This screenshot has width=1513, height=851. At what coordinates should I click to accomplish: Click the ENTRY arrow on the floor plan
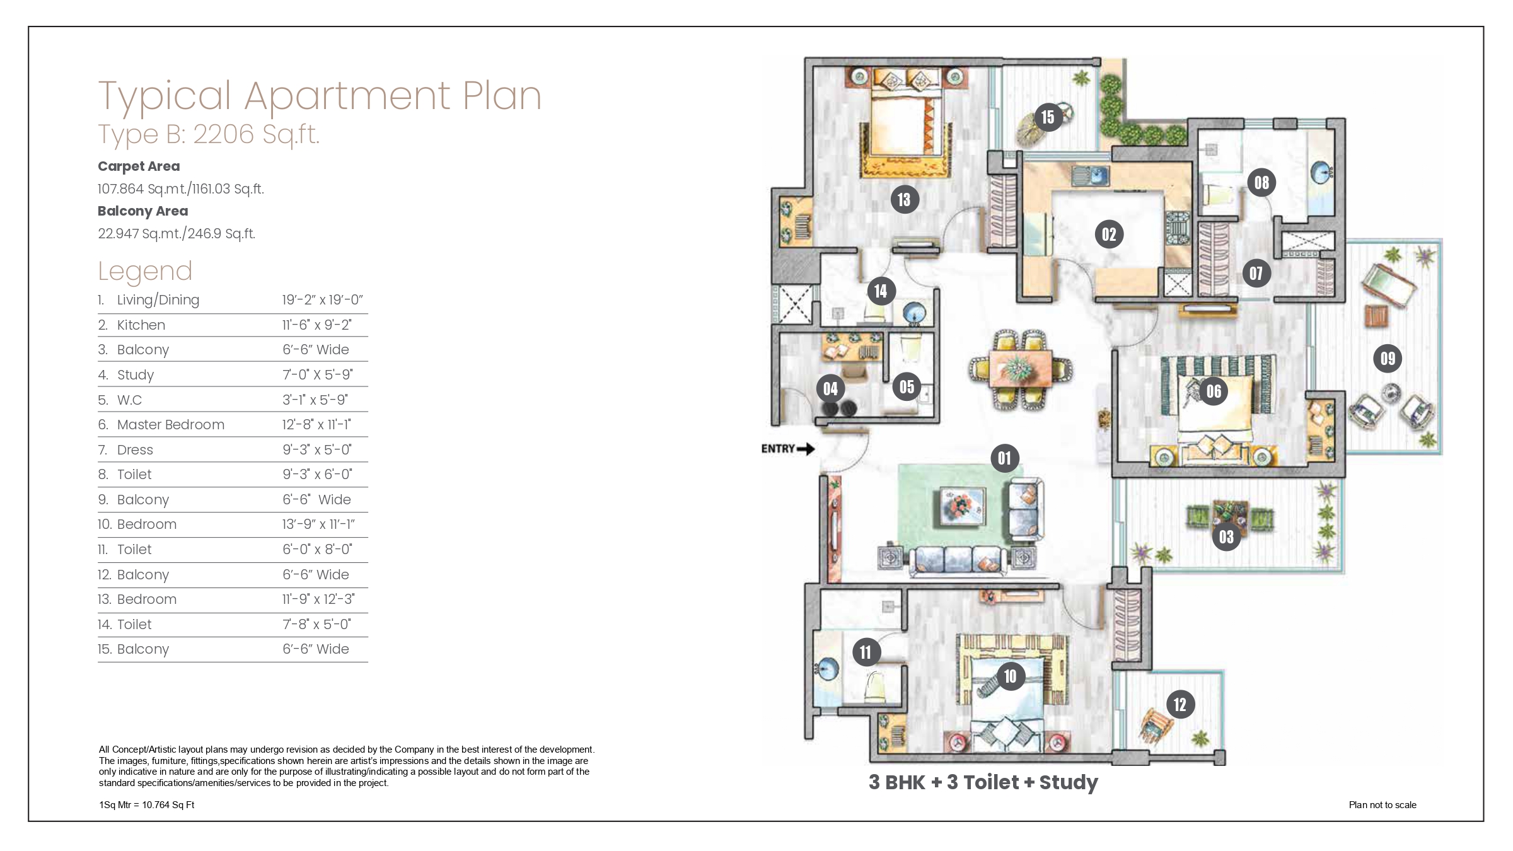(x=806, y=449)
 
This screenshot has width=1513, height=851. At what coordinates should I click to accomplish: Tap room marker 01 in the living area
(x=1004, y=458)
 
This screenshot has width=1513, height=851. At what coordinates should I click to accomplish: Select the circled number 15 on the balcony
(x=1048, y=117)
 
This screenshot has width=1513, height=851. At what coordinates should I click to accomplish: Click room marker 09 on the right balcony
(x=1388, y=359)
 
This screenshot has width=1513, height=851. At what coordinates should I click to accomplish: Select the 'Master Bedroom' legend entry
(x=170, y=425)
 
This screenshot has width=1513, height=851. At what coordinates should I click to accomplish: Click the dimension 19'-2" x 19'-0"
(x=322, y=300)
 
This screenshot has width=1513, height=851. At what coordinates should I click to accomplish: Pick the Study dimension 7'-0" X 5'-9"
(x=317, y=375)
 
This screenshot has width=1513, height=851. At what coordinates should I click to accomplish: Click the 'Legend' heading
(x=145, y=272)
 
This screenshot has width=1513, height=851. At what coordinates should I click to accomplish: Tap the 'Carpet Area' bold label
(x=139, y=166)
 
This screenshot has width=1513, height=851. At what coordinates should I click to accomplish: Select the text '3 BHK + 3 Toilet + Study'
(x=983, y=782)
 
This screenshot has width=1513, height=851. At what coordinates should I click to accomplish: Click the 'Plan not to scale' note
(x=1383, y=805)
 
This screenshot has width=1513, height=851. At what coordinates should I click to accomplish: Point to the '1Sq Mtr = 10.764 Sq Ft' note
(x=146, y=805)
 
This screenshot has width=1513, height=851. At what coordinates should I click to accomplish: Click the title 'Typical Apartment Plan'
(x=320, y=96)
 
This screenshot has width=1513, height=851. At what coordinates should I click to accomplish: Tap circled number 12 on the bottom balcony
(x=1180, y=704)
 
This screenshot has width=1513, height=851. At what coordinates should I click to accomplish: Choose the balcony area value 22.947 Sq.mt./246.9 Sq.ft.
(x=177, y=234)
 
